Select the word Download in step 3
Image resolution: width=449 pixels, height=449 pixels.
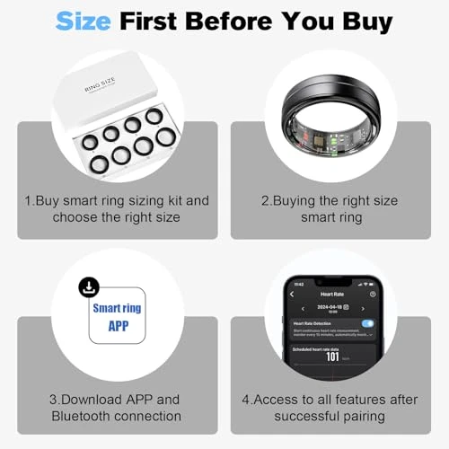(x=92, y=398)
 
